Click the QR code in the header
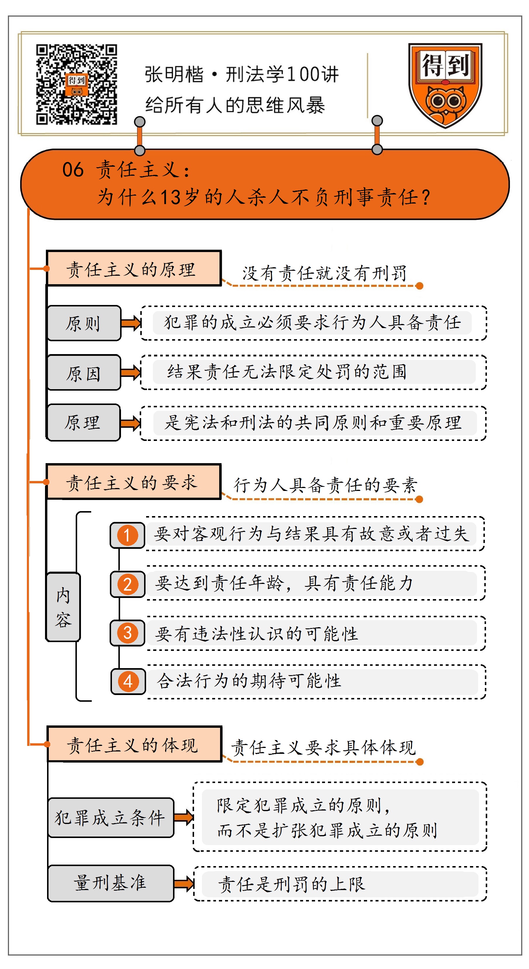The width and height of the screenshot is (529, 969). [76, 84]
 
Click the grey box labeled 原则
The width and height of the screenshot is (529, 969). [84, 323]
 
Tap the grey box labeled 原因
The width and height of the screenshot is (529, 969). [84, 373]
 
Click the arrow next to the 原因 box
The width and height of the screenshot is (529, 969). [131, 373]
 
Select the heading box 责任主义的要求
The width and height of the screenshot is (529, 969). [134, 482]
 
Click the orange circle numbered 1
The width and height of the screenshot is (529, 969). [127, 535]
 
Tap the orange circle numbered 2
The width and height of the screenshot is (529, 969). [127, 584]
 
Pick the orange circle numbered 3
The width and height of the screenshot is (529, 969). [127, 633]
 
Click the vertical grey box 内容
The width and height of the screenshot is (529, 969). [63, 607]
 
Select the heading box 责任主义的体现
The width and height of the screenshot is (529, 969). [134, 744]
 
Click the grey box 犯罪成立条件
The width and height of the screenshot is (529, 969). [110, 818]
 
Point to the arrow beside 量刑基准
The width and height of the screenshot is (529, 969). [184, 884]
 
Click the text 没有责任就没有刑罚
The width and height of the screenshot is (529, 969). [324, 273]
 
